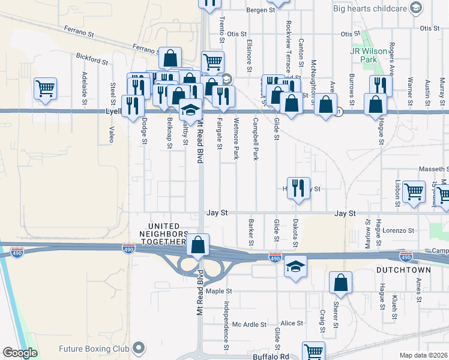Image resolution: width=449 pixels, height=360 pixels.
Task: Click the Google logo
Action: pos(20,353)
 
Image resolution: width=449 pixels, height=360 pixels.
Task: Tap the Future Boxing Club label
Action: pos(94,348)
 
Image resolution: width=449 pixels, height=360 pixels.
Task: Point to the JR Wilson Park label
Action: pos(372,56)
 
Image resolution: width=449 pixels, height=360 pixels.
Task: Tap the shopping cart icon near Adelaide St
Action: pos(46,89)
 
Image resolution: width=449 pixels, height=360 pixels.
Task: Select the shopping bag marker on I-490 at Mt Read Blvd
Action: pos(198,245)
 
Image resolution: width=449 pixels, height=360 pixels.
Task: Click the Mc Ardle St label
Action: pos(250,325)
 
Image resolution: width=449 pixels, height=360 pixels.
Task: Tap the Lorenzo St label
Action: pos(400,230)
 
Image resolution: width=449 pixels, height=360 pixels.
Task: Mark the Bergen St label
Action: pos(260,10)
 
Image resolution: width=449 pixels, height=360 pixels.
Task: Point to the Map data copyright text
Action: pos(424,355)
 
